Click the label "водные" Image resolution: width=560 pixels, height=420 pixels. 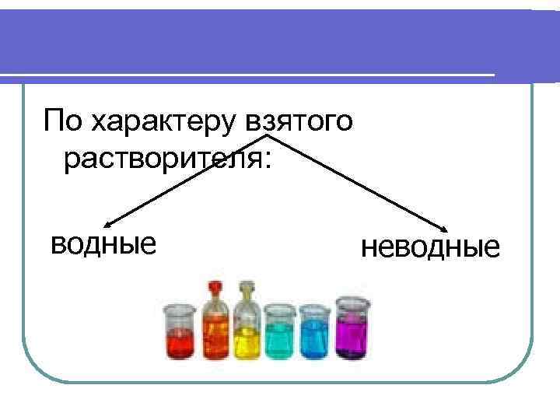coord(103,243)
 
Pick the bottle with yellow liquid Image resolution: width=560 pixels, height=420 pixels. coord(247,330)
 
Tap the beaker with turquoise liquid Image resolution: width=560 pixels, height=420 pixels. coord(280,334)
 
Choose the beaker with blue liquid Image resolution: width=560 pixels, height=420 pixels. coord(315,334)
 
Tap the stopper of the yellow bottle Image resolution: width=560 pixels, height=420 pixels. coord(247,289)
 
